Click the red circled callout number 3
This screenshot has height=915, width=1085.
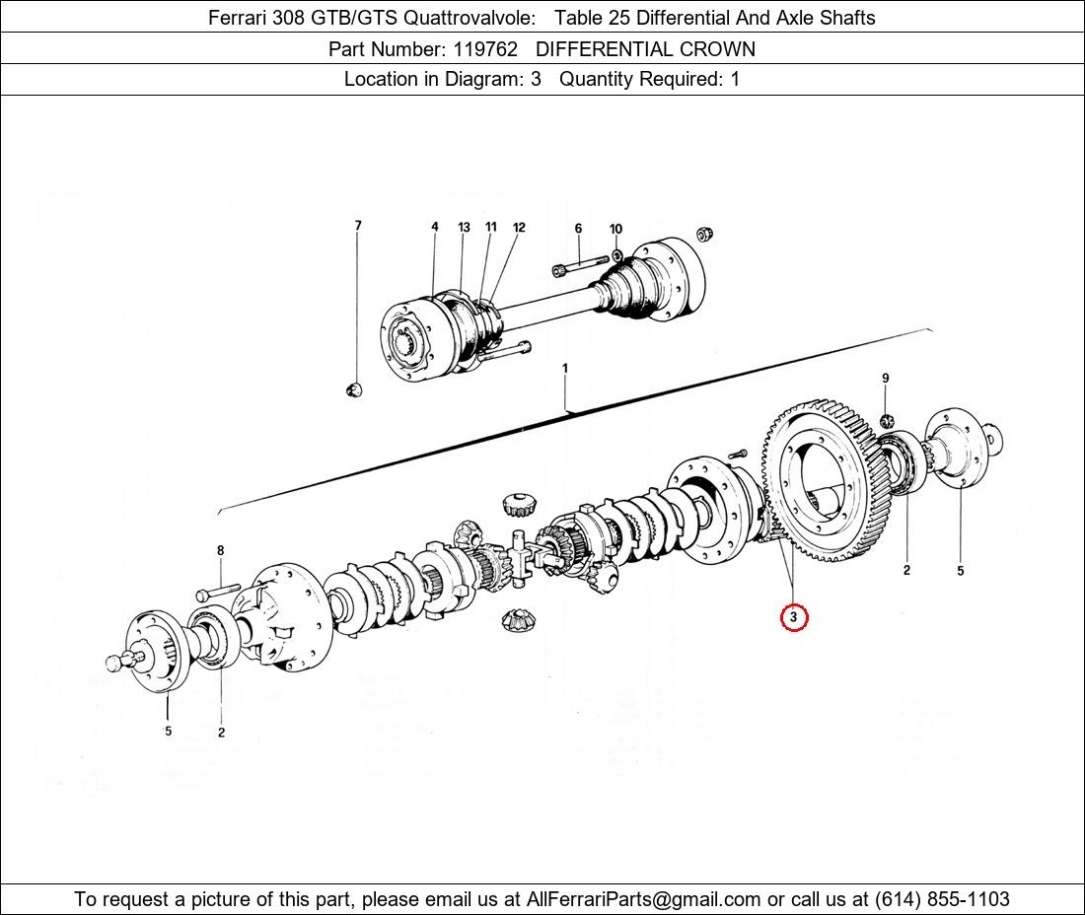(x=793, y=618)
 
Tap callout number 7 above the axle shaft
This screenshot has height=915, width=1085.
(x=358, y=226)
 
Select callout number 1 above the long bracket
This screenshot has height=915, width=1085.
(x=565, y=369)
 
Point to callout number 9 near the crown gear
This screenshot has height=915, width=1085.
(x=885, y=379)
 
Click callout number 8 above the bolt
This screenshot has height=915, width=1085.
(x=220, y=550)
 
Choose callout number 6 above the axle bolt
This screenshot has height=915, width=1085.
(x=578, y=229)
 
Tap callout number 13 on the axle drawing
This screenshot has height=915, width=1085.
(x=464, y=228)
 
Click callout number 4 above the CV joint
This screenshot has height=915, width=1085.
(x=434, y=227)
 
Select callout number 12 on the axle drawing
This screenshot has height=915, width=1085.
(x=519, y=228)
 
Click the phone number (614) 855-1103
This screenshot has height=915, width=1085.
(x=942, y=899)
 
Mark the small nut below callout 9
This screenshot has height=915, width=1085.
(x=886, y=422)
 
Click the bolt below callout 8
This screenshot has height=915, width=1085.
(x=218, y=594)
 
